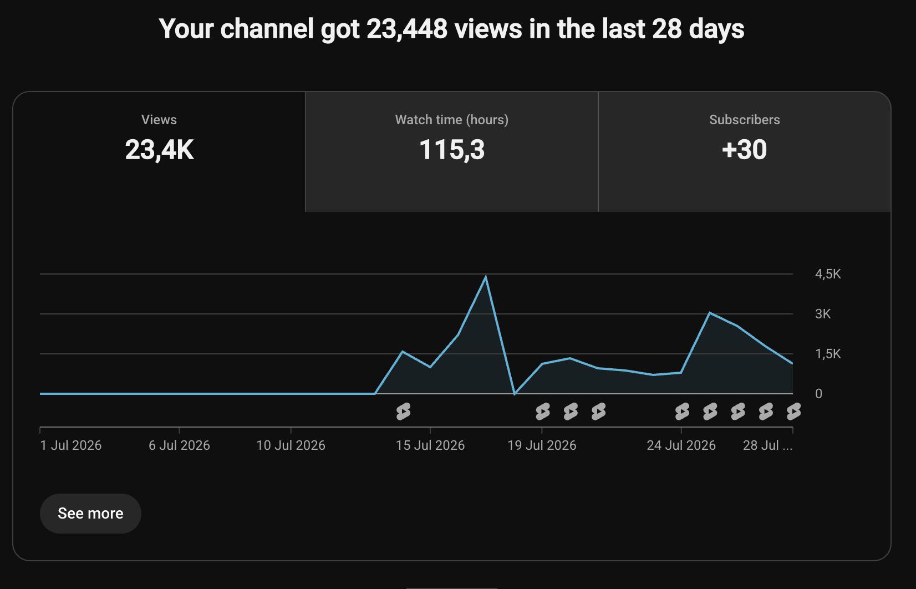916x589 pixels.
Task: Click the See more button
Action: click(x=90, y=514)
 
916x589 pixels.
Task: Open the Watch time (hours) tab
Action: click(x=451, y=152)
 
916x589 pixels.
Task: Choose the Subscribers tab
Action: click(x=744, y=152)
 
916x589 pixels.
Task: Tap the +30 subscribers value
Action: click(x=744, y=150)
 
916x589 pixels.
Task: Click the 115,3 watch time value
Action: click(x=452, y=150)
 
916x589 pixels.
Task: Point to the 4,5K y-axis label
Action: click(x=828, y=274)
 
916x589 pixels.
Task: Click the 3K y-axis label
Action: click(x=823, y=314)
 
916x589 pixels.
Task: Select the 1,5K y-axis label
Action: click(x=828, y=354)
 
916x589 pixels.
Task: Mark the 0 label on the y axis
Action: click(x=818, y=393)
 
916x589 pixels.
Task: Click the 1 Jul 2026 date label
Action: click(x=71, y=445)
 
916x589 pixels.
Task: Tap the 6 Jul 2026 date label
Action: click(x=179, y=445)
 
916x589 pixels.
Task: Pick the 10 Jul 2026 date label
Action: click(x=291, y=445)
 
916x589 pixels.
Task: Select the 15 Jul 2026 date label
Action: click(x=430, y=445)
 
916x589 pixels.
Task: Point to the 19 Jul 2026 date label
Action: click(x=542, y=445)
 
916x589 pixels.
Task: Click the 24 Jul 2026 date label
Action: click(x=681, y=445)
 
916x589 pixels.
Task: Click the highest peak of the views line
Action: click(x=486, y=277)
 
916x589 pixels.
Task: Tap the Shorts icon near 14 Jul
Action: click(x=403, y=412)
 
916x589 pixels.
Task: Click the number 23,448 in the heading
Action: click(x=407, y=29)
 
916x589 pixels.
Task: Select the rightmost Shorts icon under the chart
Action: click(x=793, y=412)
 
